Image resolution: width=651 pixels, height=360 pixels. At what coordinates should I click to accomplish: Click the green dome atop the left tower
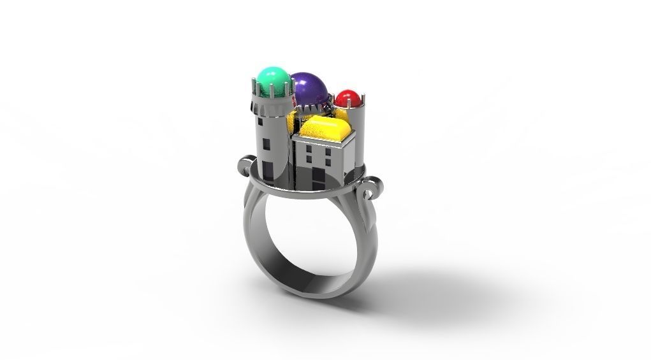click(272, 78)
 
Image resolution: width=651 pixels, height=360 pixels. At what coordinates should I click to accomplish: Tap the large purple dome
click(309, 90)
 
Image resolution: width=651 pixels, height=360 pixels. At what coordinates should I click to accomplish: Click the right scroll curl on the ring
click(370, 189)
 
